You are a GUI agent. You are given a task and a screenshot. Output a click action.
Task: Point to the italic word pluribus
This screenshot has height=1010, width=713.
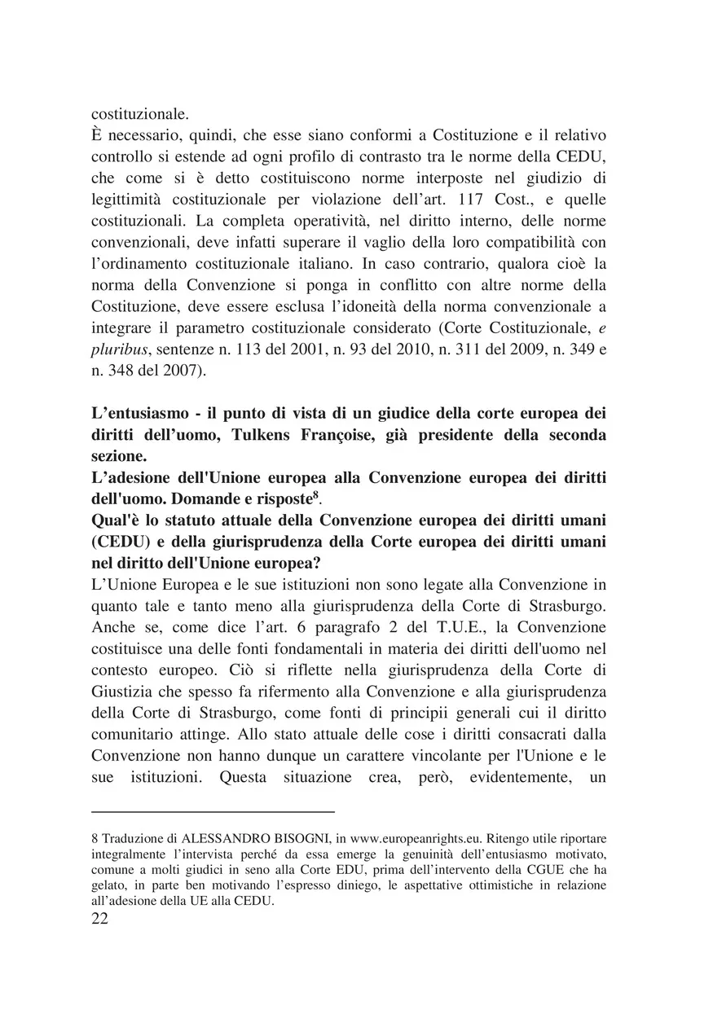114,349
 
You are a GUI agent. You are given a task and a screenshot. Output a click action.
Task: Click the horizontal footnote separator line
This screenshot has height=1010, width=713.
213,812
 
